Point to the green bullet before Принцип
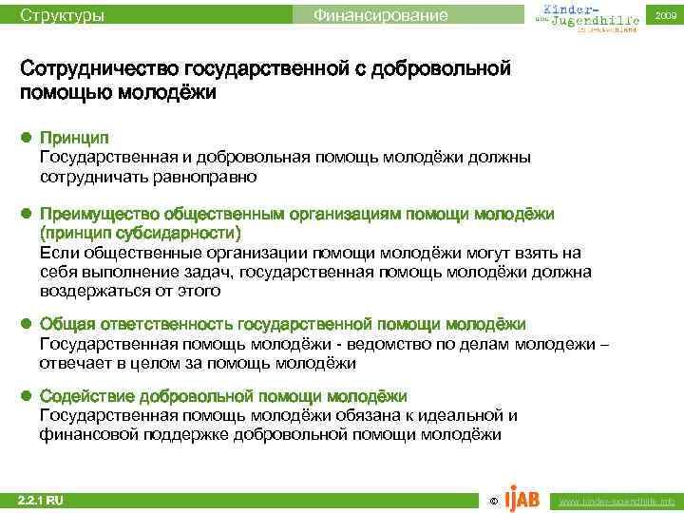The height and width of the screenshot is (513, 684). tap(28, 139)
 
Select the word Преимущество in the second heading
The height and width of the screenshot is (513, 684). tap(99, 214)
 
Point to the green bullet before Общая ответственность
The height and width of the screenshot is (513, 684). tap(28, 325)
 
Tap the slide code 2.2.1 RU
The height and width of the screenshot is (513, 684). tap(42, 499)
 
